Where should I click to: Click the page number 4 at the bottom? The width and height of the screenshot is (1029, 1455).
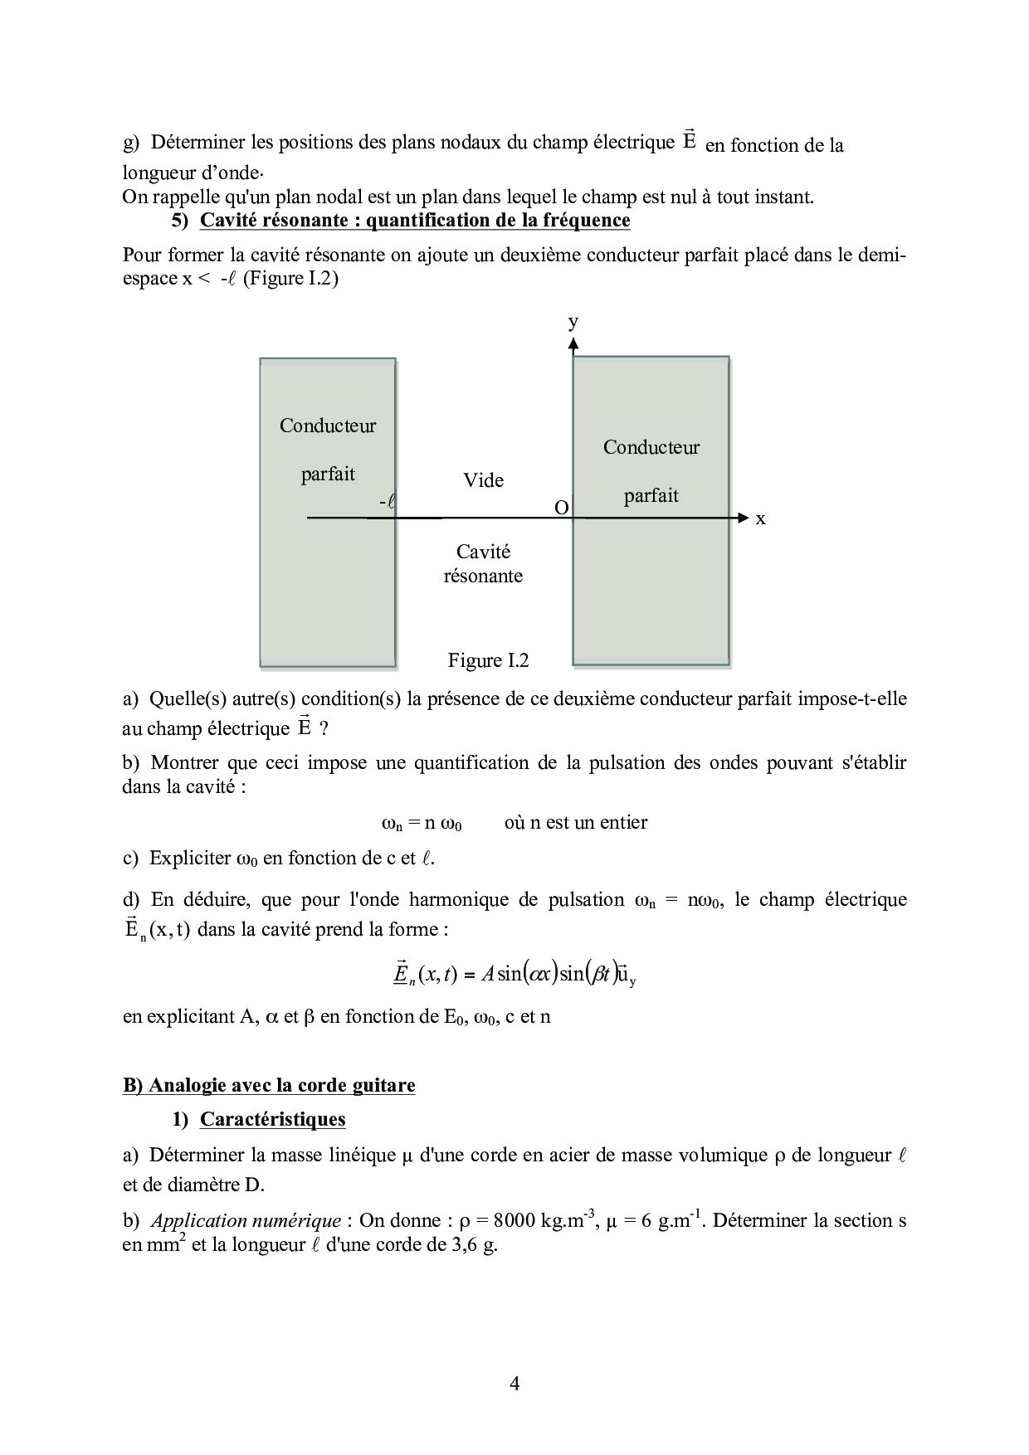(514, 1383)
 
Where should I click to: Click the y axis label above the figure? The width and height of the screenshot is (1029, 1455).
(573, 322)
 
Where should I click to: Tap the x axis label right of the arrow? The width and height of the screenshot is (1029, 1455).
(760, 518)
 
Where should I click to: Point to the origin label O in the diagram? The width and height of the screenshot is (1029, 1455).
(561, 508)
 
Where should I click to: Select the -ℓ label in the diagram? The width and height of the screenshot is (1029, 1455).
(385, 502)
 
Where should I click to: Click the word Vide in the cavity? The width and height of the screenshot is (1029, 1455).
(483, 480)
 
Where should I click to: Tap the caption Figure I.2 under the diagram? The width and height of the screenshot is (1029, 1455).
(488, 660)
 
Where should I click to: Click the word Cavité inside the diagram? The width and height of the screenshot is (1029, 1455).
(483, 552)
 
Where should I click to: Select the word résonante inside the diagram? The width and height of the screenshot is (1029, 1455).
(483, 576)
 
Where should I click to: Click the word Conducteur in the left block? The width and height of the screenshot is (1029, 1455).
(328, 426)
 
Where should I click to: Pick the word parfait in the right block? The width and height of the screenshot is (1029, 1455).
(651, 495)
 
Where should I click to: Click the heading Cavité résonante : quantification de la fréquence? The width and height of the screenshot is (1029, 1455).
(415, 220)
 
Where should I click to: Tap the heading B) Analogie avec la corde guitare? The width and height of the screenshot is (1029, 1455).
(269, 1085)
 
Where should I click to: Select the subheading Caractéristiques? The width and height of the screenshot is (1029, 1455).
(272, 1119)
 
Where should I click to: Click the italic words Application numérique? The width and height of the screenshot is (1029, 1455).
(246, 1220)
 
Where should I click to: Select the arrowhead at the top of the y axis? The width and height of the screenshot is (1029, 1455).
(573, 344)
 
